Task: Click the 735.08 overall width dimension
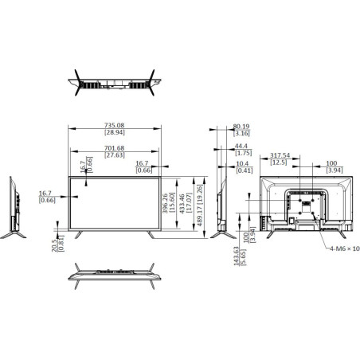pos(115,125)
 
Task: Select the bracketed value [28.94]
pos(115,132)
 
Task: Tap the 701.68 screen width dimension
pos(115,148)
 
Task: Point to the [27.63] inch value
pos(115,155)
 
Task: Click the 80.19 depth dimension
pos(242,126)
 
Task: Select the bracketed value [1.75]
pos(242,155)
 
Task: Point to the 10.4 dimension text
pos(242,163)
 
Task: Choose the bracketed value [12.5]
pos(279,162)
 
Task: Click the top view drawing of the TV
pos(115,82)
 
